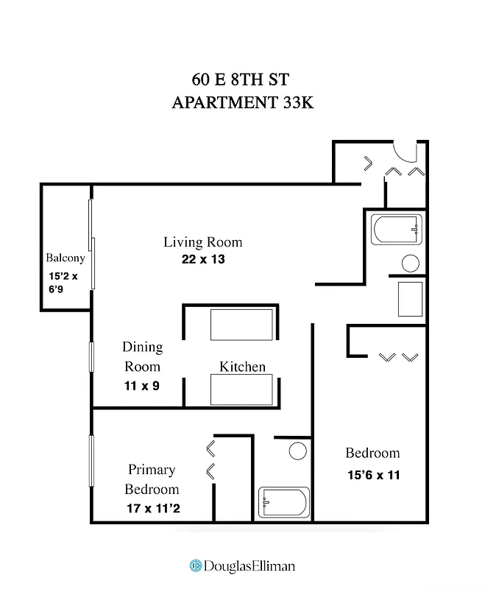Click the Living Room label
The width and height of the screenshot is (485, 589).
[202, 242]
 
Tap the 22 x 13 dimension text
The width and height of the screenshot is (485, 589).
[202, 259]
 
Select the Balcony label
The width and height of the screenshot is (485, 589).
[66, 258]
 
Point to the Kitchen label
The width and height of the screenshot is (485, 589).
[242, 367]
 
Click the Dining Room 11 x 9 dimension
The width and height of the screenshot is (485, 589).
[142, 385]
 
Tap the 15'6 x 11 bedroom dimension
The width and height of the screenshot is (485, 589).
[373, 475]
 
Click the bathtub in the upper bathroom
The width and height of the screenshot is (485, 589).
[397, 230]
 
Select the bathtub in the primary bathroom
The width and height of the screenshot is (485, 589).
[283, 503]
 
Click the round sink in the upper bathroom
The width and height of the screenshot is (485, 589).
[411, 263]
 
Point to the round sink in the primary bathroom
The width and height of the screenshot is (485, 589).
[297, 451]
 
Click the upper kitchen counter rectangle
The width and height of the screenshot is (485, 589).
[241, 324]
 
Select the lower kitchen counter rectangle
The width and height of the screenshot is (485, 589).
[241, 389]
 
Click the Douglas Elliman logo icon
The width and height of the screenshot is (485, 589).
[196, 565]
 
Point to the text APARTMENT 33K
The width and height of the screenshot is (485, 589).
[243, 103]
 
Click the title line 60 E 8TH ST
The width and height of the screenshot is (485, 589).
[243, 79]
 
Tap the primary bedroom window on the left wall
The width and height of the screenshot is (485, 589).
[92, 461]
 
